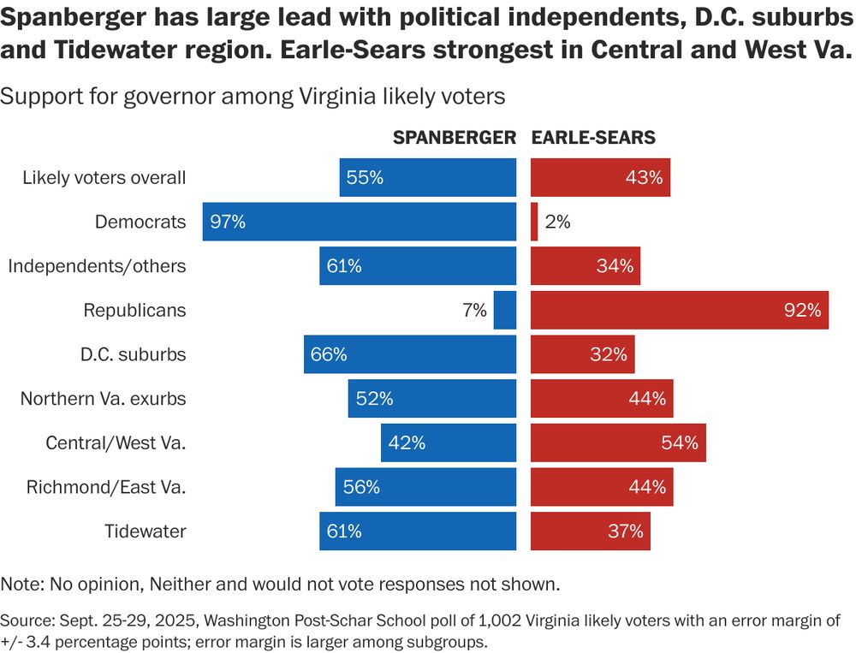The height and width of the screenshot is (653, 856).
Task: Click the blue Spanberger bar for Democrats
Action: (360, 222)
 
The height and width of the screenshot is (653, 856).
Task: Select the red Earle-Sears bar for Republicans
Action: (680, 310)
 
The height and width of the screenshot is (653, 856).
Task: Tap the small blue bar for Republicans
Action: (505, 310)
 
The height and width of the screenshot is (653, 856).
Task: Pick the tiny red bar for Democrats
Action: (534, 222)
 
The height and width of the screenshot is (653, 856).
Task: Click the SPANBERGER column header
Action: (455, 138)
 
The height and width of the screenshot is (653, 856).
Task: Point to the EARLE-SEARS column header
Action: (594, 138)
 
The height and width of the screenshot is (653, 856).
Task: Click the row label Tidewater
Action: (146, 531)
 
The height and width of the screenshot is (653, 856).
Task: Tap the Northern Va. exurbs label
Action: (103, 399)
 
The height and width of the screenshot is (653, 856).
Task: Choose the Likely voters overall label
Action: (104, 178)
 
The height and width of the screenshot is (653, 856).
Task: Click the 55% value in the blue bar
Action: (365, 178)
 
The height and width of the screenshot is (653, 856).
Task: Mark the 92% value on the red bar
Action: (802, 310)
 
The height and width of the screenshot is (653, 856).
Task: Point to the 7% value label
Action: (475, 310)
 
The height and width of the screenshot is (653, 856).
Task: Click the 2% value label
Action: (557, 222)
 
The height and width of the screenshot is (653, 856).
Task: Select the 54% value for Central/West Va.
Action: (681, 442)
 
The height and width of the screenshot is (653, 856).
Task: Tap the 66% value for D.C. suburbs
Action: (329, 354)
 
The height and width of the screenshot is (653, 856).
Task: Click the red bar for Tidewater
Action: (591, 531)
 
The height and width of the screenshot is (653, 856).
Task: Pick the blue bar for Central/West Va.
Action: (449, 442)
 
